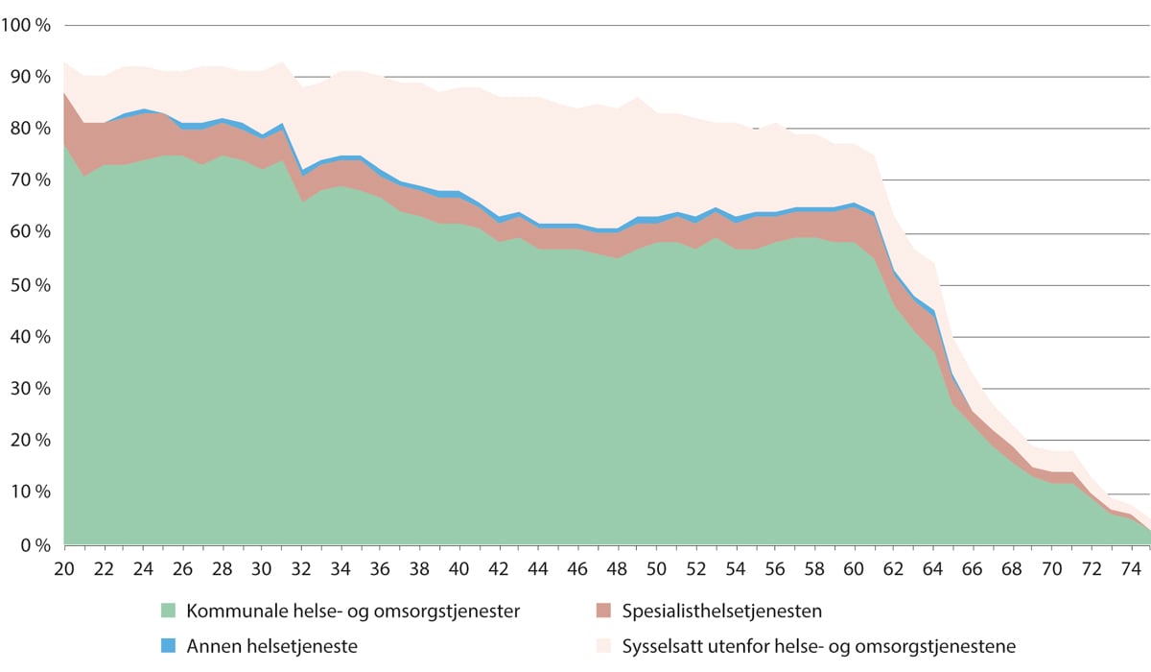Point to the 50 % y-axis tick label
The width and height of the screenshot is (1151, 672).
30,285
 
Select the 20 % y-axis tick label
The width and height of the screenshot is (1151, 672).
30,441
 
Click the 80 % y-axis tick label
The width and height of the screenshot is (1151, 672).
30,129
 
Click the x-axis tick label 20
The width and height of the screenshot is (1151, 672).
64,567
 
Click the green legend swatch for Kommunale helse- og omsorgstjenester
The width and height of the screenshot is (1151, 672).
168,611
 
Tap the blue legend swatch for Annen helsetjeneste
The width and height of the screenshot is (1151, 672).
168,646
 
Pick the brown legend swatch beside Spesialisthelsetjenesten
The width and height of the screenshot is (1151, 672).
602,611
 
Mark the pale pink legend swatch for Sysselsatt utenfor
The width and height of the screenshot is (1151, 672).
602,646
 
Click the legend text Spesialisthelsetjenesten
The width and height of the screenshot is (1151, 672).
721,611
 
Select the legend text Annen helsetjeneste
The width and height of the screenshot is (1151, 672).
272,646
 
